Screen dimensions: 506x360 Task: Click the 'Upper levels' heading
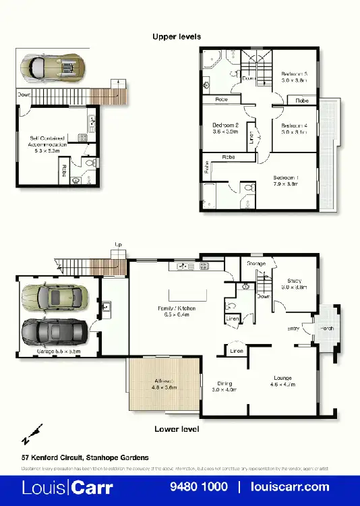(176, 36)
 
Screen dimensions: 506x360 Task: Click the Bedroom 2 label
(226, 128)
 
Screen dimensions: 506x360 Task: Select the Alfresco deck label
(164, 385)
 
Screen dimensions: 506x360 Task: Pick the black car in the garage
(54, 331)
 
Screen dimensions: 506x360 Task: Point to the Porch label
(326, 329)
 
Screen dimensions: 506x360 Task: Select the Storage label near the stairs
(256, 263)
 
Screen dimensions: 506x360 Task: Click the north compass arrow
(32, 434)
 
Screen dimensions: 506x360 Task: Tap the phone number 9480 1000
(198, 486)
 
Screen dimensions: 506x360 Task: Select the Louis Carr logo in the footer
(67, 486)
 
